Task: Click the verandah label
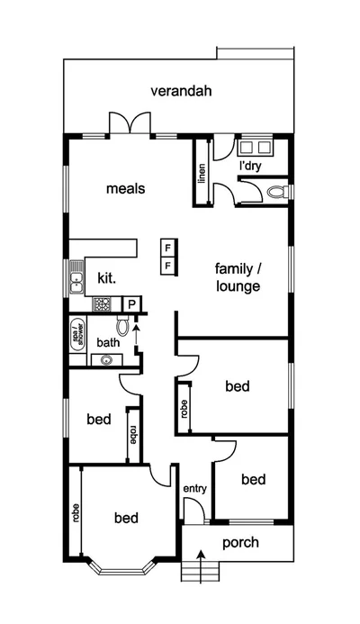pos(181,91)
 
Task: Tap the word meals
pos(126,189)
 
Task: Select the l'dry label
pos(250,167)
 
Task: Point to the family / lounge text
pos(238,278)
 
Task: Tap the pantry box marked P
pos(131,305)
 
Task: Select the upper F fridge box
pos(167,248)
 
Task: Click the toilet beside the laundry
pos(278,192)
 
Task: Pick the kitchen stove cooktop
pos(103,304)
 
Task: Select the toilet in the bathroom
pos(123,329)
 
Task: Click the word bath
pos(108,342)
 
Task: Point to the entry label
pos(195,489)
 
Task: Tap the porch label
pos(240,542)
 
